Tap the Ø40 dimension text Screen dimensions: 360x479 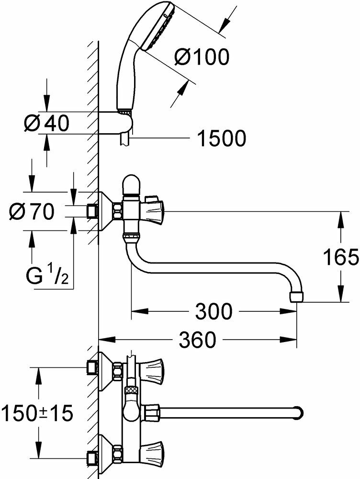tap(46, 124)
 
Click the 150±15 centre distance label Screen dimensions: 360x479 tap(37, 413)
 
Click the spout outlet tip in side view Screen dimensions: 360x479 tap(297, 297)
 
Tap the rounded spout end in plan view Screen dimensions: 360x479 tap(300, 412)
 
